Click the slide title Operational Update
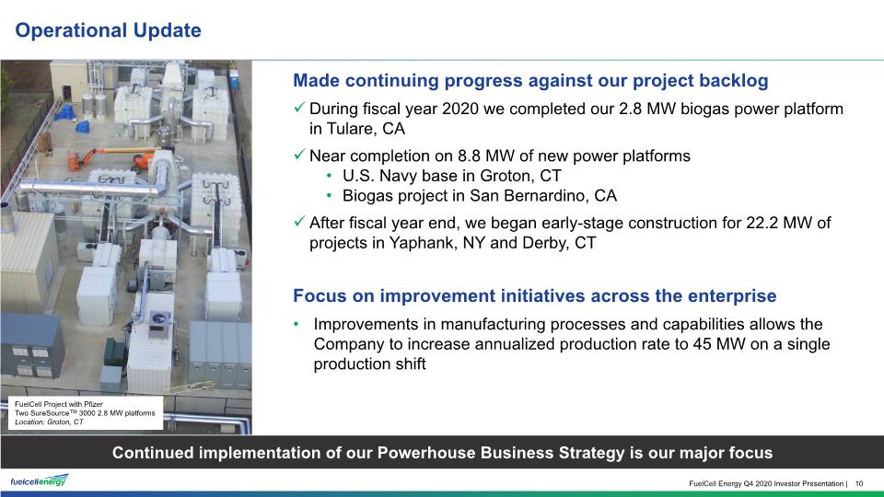click(x=108, y=29)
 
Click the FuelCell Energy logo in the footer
click(x=39, y=480)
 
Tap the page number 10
click(x=859, y=483)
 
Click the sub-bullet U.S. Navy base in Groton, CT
click(x=451, y=176)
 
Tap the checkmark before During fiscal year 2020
click(x=299, y=107)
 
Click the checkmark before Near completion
click(x=299, y=154)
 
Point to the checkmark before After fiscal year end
click(x=299, y=221)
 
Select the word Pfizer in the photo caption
click(x=94, y=404)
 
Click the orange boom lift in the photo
click(x=112, y=157)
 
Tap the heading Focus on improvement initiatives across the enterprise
click(x=534, y=295)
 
